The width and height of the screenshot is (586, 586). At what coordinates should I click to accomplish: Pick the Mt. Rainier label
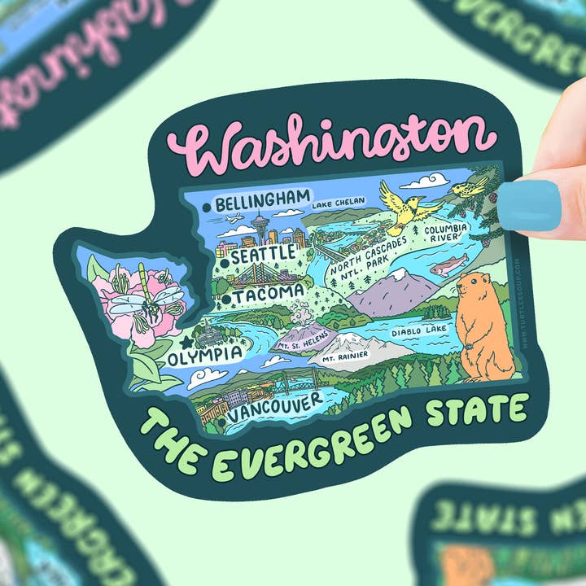pyautogui.click(x=344, y=356)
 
